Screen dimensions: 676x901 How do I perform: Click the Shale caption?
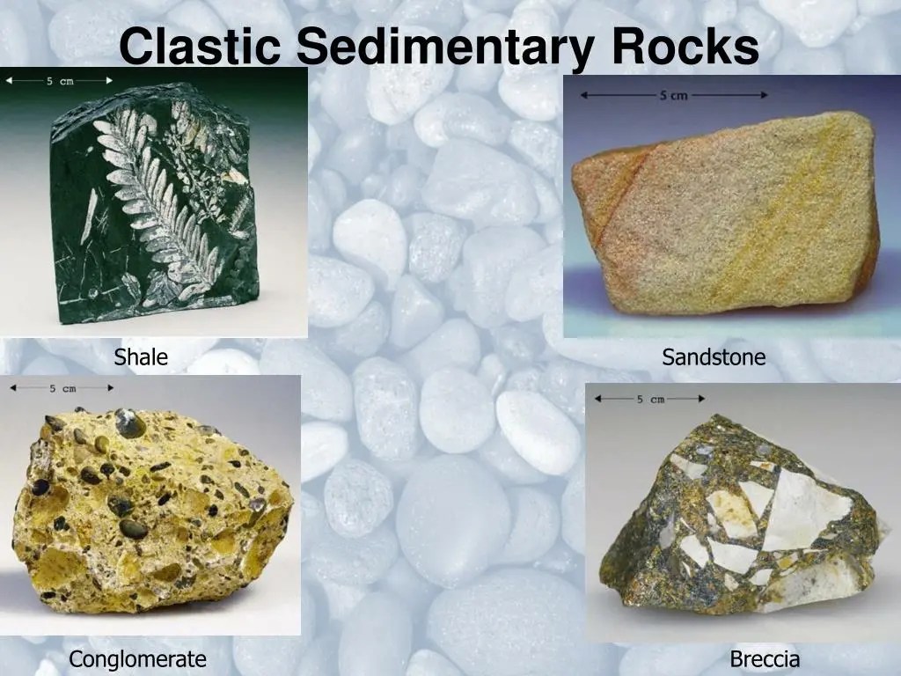pyautogui.click(x=141, y=356)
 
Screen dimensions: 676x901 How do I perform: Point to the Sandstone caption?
pyautogui.click(x=714, y=356)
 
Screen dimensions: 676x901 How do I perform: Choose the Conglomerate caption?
pyautogui.click(x=137, y=658)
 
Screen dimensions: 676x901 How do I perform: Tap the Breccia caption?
pyautogui.click(x=765, y=658)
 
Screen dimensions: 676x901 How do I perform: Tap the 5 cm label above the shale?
pyautogui.click(x=60, y=80)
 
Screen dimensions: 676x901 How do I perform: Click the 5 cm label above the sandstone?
pyautogui.click(x=673, y=95)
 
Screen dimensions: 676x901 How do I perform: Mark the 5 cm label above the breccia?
pyautogui.click(x=651, y=399)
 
